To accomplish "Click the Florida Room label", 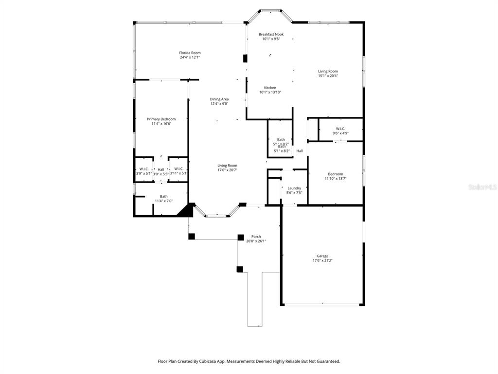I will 190,53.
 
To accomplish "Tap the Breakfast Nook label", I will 271,34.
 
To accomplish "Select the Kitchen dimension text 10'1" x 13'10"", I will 270,92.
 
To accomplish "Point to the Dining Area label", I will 219,99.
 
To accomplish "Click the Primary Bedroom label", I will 161,119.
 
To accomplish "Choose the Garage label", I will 322,256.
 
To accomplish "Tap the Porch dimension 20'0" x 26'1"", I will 256,241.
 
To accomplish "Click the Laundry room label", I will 294,188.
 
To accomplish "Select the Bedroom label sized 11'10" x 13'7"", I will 335,174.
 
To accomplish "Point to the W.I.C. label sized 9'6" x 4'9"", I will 340,129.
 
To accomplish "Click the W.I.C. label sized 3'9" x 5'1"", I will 144,169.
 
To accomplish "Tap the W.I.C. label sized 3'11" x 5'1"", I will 178,169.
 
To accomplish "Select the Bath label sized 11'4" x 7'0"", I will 163,196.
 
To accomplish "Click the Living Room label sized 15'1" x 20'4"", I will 328,71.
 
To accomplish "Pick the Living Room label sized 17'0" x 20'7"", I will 227,165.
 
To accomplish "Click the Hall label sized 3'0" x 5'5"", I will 161,169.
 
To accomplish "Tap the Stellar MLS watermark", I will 482,187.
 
